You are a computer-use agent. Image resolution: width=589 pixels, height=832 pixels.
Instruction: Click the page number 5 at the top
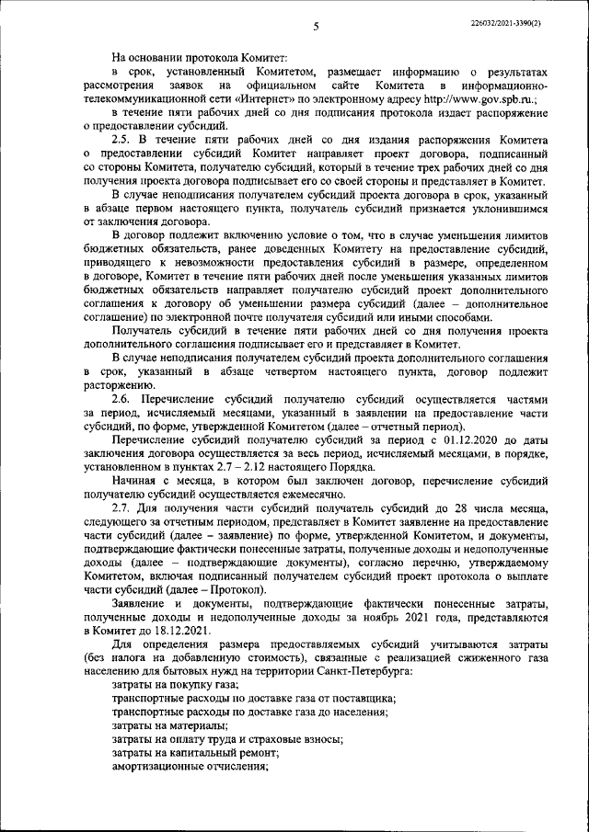pos(314,27)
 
